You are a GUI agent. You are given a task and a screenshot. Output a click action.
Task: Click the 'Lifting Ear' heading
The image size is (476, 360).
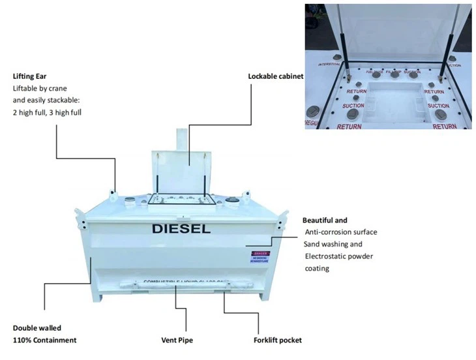click(x=28, y=75)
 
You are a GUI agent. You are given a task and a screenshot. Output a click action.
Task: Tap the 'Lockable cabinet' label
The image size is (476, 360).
click(x=275, y=76)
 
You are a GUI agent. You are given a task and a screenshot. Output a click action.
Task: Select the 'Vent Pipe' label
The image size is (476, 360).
click(x=177, y=340)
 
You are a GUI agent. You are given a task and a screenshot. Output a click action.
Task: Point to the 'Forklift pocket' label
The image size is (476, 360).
click(x=277, y=340)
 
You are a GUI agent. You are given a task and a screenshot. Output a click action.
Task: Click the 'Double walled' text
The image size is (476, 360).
click(x=37, y=328)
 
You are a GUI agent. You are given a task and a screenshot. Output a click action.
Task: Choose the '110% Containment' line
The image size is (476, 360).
click(x=44, y=340)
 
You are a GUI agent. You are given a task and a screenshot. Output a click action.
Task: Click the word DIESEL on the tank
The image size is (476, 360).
click(x=181, y=229)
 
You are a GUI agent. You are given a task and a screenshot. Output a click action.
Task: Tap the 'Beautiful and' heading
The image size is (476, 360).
click(x=325, y=220)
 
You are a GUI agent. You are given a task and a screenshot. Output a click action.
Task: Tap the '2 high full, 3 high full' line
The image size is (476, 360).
click(x=47, y=112)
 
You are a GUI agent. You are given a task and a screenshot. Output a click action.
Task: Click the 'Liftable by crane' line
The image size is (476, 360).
click(x=40, y=88)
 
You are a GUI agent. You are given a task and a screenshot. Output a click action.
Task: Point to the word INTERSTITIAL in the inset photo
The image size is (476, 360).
click(x=330, y=65)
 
